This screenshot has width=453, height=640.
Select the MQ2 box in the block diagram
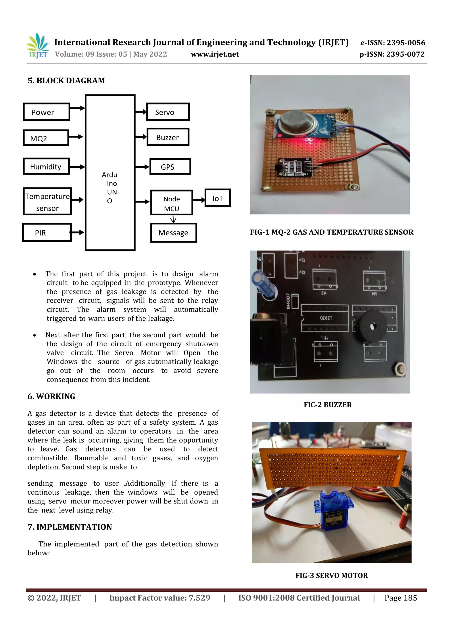click(x=46, y=138)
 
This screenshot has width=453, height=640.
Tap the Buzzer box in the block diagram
click(x=168, y=137)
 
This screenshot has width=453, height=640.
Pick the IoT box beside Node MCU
click(x=217, y=198)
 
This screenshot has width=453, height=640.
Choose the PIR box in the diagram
click(x=47, y=232)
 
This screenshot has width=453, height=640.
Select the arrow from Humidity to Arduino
click(x=77, y=167)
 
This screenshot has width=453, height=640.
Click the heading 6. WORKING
click(x=51, y=396)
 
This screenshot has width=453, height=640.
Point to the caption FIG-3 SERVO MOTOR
click(x=332, y=575)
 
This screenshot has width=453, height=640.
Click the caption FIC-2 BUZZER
click(x=328, y=405)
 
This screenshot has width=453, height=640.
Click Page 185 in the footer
click(x=401, y=598)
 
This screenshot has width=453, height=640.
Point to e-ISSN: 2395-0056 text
click(x=393, y=43)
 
